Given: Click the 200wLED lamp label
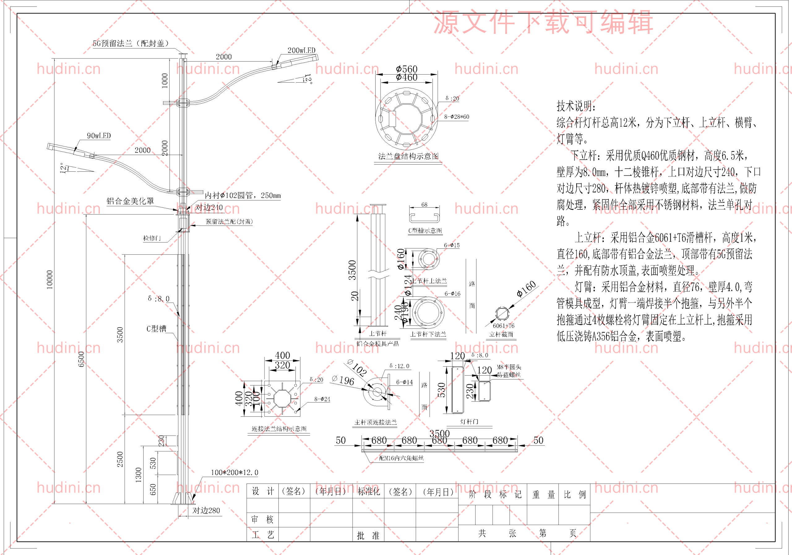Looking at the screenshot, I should click(301, 50).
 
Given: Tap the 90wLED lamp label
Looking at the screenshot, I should click(99, 136).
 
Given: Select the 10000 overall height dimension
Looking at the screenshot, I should click(50, 279).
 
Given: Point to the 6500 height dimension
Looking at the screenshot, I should click(81, 359).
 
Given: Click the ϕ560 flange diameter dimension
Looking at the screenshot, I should click(407, 69).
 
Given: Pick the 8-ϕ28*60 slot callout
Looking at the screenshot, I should click(456, 117).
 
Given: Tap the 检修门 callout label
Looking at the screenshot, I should click(152, 238).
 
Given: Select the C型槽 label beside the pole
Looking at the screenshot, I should click(156, 329).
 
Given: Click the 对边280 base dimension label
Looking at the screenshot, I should click(206, 510).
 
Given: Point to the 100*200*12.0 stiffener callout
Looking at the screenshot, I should click(234, 473).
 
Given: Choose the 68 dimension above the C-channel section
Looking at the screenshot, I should click(424, 204).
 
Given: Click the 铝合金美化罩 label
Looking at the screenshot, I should click(130, 201).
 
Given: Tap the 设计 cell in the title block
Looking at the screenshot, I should click(263, 491).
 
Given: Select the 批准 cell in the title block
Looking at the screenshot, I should click(368, 535).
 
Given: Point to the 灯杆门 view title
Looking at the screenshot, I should click(469, 422).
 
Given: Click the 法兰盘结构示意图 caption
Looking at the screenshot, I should click(408, 156).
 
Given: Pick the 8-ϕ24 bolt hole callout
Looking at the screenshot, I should click(322, 399).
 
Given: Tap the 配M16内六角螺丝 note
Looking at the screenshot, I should click(401, 458).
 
